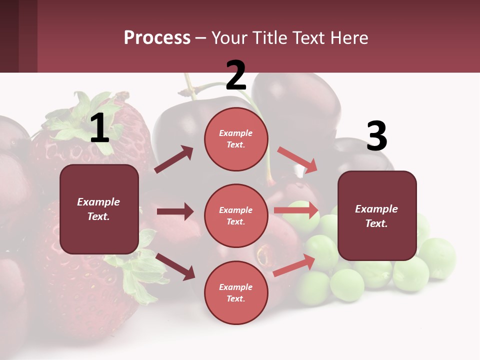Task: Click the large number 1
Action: tap(99, 128)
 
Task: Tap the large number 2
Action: tap(236, 75)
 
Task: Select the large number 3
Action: tap(376, 136)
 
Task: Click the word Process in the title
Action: tap(157, 38)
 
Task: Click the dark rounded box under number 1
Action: tap(99, 209)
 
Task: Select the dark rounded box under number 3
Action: tap(377, 216)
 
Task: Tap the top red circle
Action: tap(236, 139)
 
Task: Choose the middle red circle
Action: tap(236, 215)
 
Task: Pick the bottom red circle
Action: tap(236, 292)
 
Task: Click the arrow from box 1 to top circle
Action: tap(174, 159)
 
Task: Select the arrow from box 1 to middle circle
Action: tap(175, 211)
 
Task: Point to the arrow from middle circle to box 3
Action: tap(296, 210)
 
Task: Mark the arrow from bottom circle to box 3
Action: tap(294, 265)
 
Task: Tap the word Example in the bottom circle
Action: tap(235, 287)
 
